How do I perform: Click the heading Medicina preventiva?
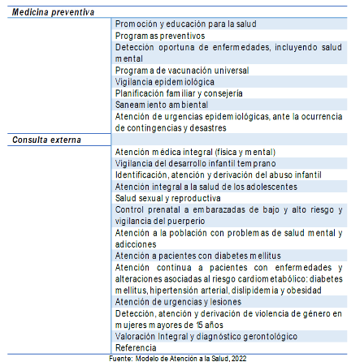[53, 13]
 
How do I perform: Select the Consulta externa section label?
[47, 140]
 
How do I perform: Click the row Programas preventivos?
[160, 37]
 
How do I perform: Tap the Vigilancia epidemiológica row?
[166, 82]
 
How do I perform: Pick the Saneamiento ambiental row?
[162, 105]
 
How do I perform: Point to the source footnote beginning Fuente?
[179, 356]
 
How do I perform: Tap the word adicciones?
[137, 243]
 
